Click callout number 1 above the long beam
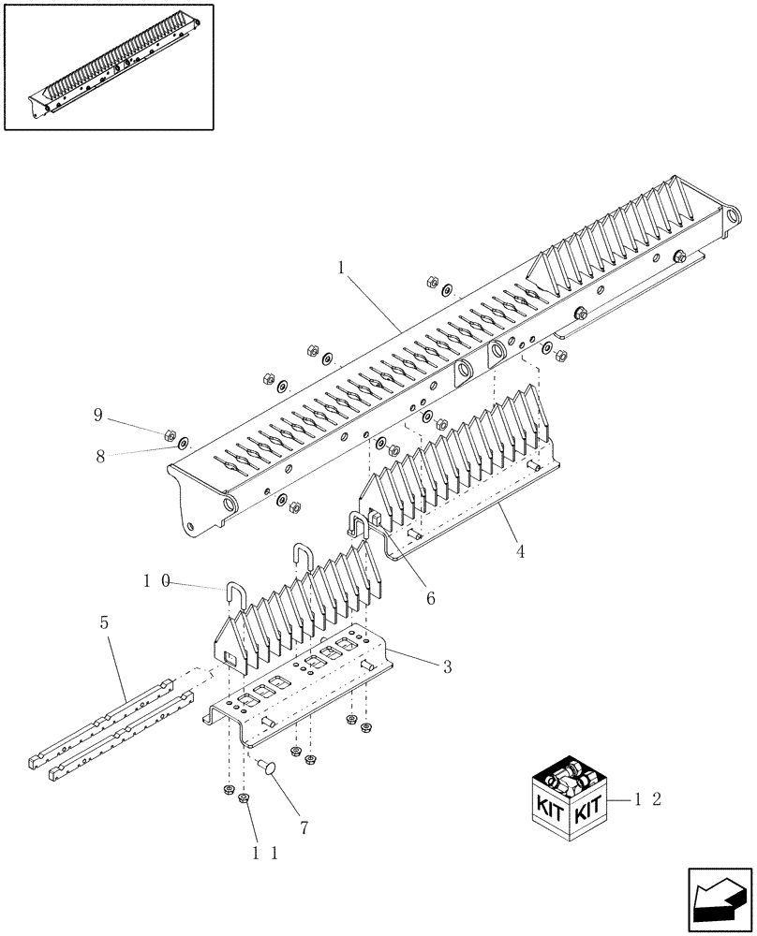tap(342, 267)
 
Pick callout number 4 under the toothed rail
tap(519, 552)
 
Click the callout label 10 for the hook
tap(155, 580)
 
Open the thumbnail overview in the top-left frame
tap(108, 66)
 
